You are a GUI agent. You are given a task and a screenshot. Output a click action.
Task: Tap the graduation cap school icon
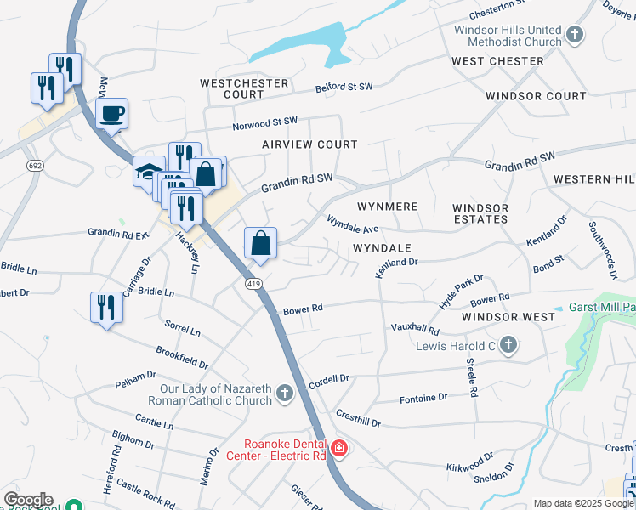148,172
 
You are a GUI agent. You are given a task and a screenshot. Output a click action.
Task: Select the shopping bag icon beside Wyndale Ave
261,243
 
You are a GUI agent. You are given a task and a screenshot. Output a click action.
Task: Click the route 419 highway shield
253,282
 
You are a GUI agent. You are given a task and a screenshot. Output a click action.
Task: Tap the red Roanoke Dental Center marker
338,448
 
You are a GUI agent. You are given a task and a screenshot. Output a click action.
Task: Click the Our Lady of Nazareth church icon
285,394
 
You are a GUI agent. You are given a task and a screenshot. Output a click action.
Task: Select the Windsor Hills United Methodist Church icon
576,35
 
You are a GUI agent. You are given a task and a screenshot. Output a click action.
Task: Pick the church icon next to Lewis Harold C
508,344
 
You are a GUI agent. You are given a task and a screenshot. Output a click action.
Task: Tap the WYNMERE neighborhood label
387,207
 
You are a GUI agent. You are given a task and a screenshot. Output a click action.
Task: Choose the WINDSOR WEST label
508,317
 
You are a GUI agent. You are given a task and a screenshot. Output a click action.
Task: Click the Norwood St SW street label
265,124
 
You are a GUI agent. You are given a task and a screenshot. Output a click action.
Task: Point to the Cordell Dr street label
329,379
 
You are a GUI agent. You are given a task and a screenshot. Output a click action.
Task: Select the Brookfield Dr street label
182,357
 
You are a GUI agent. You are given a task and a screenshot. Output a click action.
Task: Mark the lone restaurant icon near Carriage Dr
105,307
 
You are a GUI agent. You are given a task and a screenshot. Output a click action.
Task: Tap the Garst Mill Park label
600,307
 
